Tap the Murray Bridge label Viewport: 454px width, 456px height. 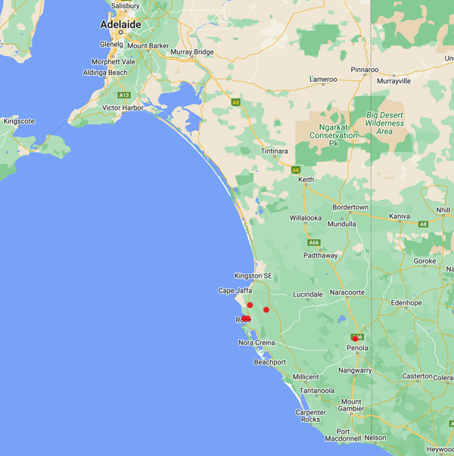[193, 52]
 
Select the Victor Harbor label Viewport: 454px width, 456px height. [122, 108]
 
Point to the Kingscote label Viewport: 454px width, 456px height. [20, 120]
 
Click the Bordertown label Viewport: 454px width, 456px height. [350, 208]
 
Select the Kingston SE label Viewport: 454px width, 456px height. [253, 276]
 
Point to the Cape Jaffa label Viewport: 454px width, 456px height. [235, 291]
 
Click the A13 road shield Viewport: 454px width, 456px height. [124, 95]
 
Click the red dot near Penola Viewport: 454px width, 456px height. [355, 339]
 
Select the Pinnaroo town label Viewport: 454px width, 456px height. [364, 70]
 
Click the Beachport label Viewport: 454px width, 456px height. [269, 362]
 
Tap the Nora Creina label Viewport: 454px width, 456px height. [257, 343]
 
